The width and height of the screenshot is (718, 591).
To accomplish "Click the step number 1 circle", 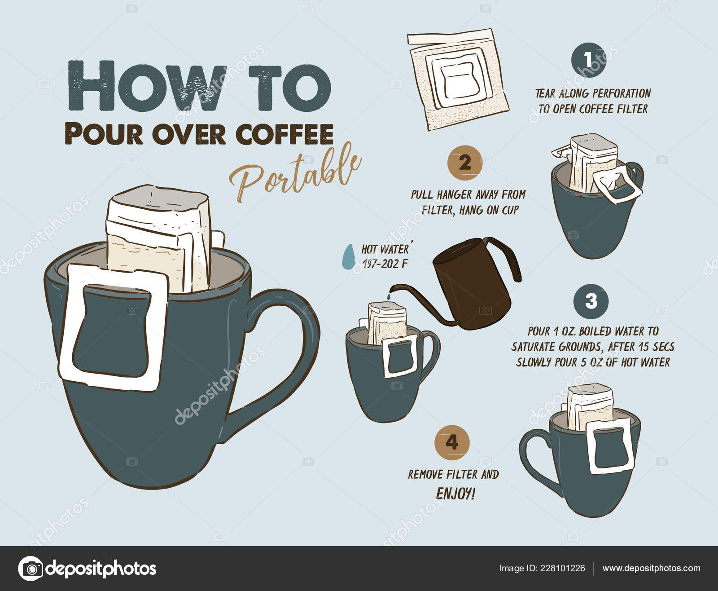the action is [x=589, y=60].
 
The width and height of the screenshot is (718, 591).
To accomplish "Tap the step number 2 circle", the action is [x=465, y=163].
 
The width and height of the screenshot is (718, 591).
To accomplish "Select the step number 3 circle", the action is [x=591, y=301].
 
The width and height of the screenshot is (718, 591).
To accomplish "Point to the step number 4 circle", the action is [x=452, y=443].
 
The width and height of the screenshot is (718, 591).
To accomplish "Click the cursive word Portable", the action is [x=295, y=172].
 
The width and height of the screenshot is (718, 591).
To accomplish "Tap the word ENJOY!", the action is [x=455, y=494].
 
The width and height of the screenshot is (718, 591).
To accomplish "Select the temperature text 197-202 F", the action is [x=385, y=264].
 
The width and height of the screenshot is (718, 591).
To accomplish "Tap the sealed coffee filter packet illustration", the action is [x=458, y=79].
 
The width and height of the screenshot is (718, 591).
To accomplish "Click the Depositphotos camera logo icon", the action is [x=31, y=569].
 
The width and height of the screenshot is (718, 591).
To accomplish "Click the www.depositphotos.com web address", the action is [x=652, y=568].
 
